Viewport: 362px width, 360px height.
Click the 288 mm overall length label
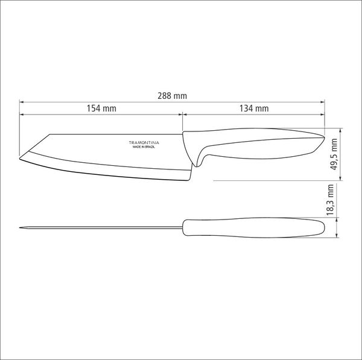[172, 96]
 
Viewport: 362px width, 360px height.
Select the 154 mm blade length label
[101, 108]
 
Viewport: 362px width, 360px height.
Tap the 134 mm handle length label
[254, 108]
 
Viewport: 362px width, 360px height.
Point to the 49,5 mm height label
[334, 154]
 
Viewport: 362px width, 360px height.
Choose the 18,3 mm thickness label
[330, 200]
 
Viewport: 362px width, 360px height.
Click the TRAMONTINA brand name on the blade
[144, 143]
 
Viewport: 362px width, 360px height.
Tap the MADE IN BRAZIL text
[144, 147]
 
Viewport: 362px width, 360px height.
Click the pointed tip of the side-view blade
[19, 159]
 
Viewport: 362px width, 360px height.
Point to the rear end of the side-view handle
[324, 137]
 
